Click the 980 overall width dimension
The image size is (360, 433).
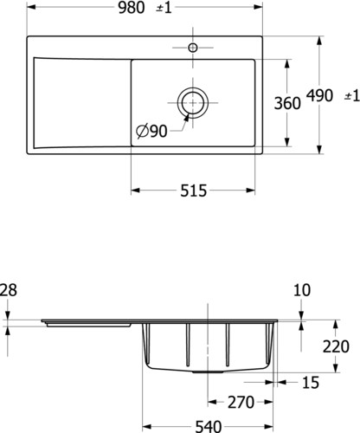pyautogui.click(x=132, y=7)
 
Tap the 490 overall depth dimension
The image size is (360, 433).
pyautogui.click(x=319, y=95)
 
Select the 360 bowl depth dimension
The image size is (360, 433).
pyautogui.click(x=287, y=103)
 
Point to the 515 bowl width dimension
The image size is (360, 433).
pyautogui.click(x=194, y=191)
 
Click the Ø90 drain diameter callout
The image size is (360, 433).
pyautogui.click(x=151, y=132)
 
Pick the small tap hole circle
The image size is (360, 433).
pyautogui.click(x=193, y=48)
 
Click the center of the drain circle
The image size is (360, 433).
pyautogui.click(x=193, y=102)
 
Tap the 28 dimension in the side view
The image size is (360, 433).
pyautogui.click(x=8, y=290)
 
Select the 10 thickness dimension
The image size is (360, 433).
pyautogui.click(x=302, y=290)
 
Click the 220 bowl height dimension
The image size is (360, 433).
pyautogui.click(x=336, y=346)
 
